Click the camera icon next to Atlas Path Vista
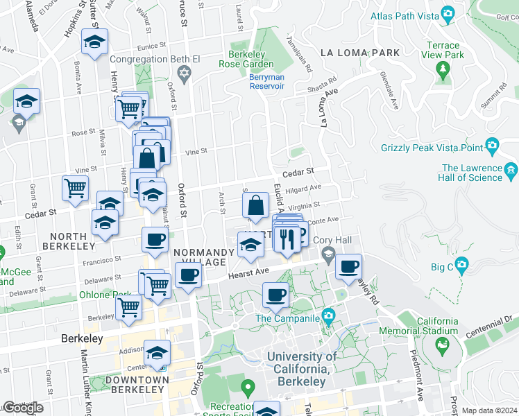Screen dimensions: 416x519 coord(448,14)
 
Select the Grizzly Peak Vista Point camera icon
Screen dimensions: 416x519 coord(492,146)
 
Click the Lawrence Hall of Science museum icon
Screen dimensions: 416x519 coord(511,170)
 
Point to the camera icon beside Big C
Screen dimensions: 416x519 coord(461,265)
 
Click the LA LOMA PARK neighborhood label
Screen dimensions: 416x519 coord(360,53)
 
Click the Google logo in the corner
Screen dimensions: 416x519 coord(22,408)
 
